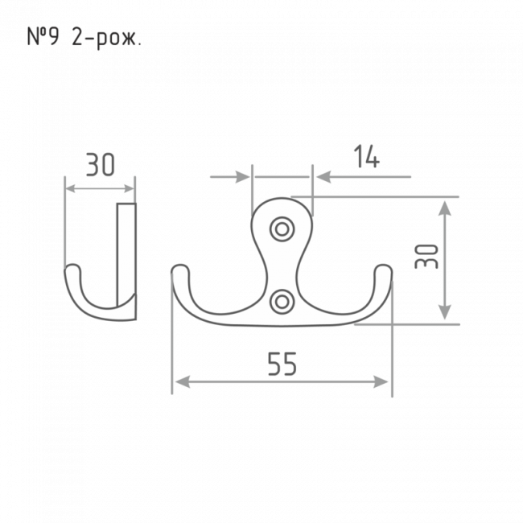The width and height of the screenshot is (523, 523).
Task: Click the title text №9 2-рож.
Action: point(84,38)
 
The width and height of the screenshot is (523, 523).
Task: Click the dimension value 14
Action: point(367,156)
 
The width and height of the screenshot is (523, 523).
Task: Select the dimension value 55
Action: point(282,364)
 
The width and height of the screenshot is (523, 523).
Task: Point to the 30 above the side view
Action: point(101,164)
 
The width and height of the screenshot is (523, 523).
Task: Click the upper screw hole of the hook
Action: point(282,229)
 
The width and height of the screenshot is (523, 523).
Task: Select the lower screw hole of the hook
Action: point(282,302)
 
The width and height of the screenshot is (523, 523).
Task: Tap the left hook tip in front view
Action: point(180,271)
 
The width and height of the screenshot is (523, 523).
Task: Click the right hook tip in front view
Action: point(383,271)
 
